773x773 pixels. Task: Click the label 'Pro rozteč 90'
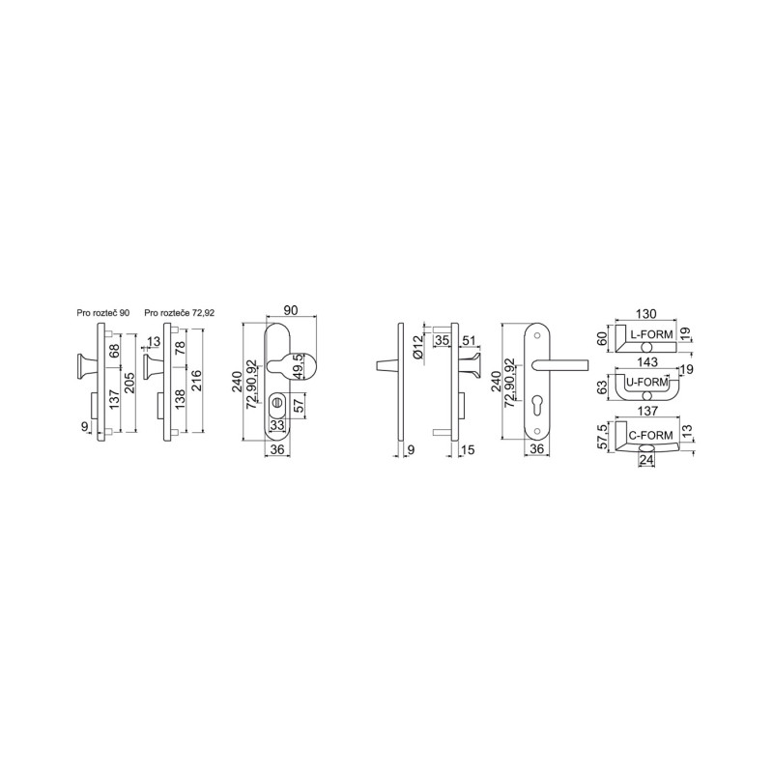[103, 313]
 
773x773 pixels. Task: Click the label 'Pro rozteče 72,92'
[180, 313]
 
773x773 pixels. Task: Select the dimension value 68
[114, 350]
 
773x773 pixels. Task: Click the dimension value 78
[181, 348]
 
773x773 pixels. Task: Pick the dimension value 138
[181, 399]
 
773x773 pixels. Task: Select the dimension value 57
[299, 406]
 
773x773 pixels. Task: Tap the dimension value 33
[278, 424]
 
